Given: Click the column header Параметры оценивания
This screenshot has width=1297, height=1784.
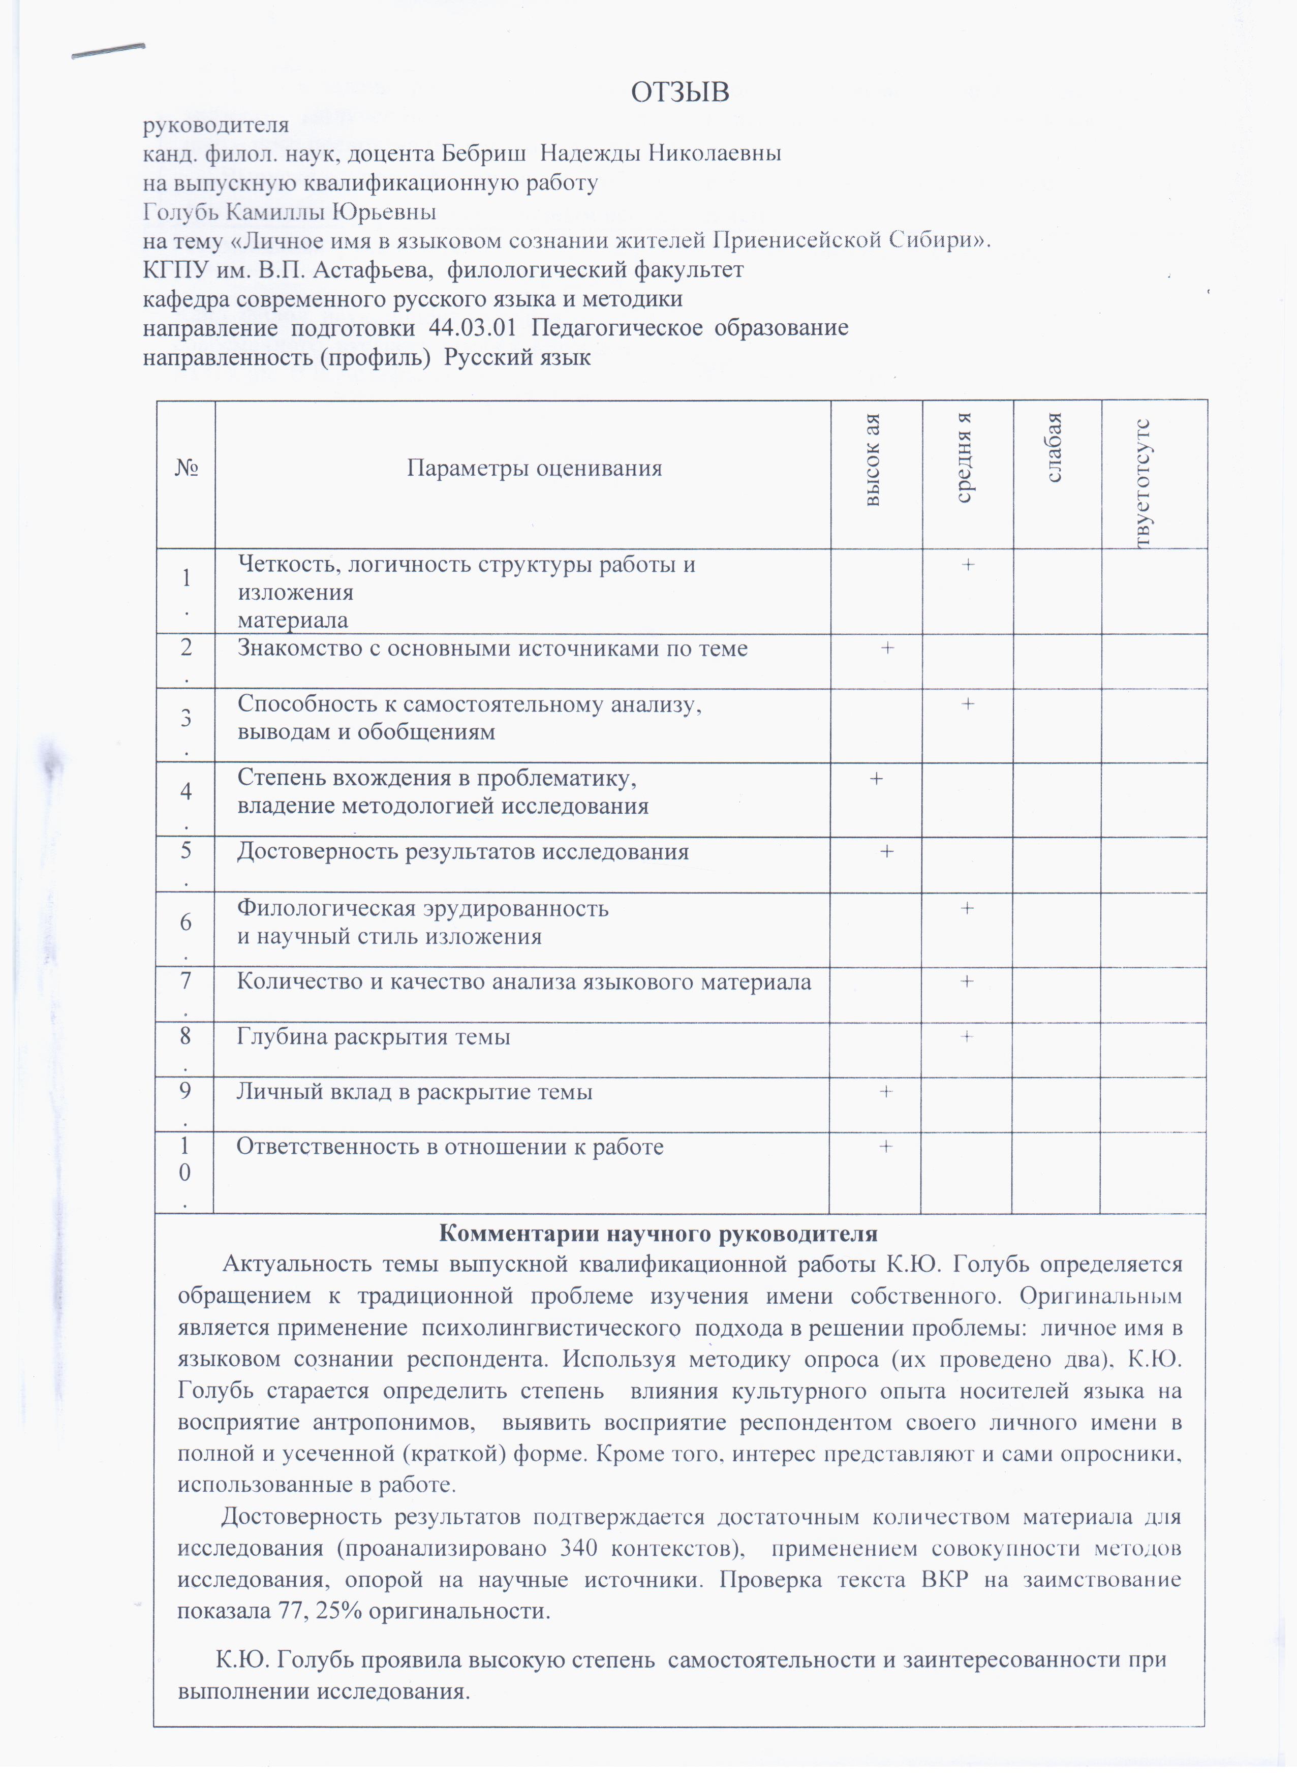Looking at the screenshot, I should click(534, 469).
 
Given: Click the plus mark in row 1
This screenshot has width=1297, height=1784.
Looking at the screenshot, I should click(968, 564).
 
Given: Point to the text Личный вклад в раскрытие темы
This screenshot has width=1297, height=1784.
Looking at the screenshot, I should click(415, 1092).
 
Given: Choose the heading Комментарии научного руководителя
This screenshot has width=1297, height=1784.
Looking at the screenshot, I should click(658, 1232).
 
